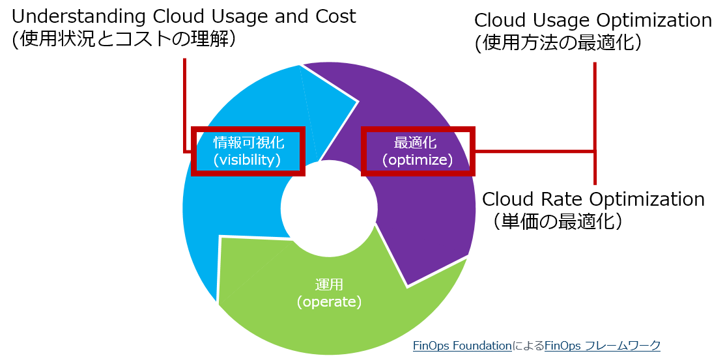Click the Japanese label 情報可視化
tap(248, 143)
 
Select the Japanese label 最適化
tap(417, 143)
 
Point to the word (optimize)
tap(417, 159)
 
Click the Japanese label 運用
tap(328, 285)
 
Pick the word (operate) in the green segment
tap(328, 302)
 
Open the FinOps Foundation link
tap(462, 346)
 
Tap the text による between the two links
tap(528, 346)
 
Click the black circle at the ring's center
tap(329, 209)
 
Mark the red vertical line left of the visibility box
tap(185, 104)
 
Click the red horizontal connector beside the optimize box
tap(534, 152)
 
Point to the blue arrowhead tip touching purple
tap(357, 102)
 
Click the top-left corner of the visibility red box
tap(193, 129)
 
